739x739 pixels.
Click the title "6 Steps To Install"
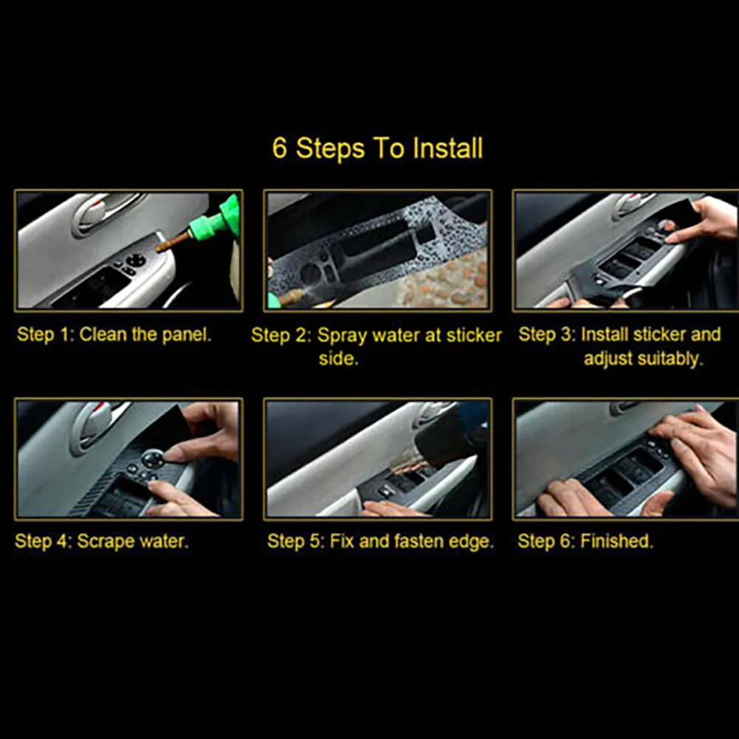coord(377,148)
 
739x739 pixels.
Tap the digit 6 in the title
coord(279,148)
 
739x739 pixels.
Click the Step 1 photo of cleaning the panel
coord(128,250)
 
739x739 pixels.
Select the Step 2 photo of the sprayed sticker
coord(377,250)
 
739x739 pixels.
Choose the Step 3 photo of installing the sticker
coord(626,250)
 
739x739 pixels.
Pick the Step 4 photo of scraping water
coord(128,459)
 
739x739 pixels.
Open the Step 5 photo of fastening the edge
coord(377,459)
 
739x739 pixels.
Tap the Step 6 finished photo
coord(626,459)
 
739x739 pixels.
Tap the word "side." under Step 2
coord(338,359)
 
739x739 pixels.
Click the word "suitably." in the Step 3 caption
coord(643,359)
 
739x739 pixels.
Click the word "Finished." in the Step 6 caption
coord(616,541)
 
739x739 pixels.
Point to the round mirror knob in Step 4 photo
coord(153,458)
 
